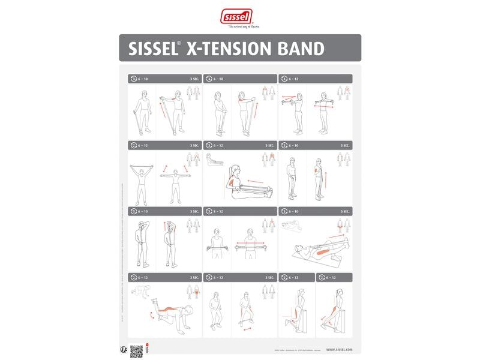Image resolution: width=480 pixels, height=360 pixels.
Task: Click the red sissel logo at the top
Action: [236, 16]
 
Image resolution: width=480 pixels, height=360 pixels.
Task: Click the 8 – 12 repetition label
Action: [217, 211]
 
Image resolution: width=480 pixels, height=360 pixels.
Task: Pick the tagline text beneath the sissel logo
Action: [239, 28]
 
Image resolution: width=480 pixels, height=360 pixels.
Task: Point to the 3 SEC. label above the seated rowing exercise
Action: [269, 145]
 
